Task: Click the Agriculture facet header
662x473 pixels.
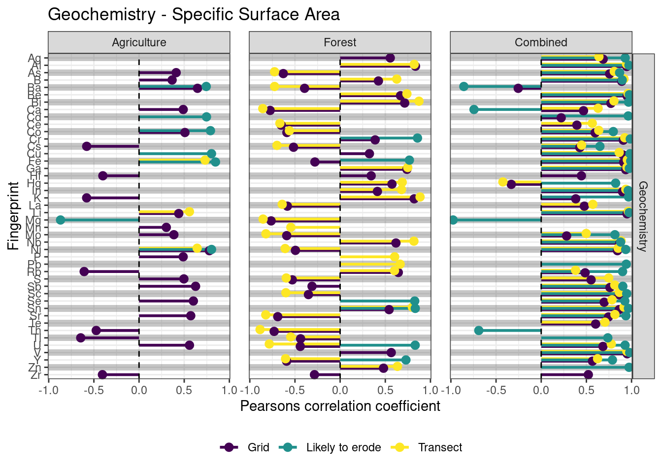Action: (139, 42)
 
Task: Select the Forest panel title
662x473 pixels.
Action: (340, 42)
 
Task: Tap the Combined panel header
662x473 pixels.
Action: (541, 42)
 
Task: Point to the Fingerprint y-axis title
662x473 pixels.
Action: (13, 216)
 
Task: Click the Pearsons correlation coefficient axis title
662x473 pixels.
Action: (340, 406)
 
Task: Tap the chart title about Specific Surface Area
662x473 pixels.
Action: (194, 14)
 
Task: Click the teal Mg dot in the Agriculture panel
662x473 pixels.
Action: (60, 220)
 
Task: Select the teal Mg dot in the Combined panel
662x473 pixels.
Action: (453, 220)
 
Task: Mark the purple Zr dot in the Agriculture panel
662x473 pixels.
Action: (102, 374)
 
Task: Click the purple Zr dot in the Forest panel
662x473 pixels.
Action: (314, 374)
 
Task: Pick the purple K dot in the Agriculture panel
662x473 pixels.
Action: (87, 198)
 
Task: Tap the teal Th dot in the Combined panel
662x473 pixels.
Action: (478, 330)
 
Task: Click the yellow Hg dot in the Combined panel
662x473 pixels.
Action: (503, 182)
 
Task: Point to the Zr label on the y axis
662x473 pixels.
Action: (35, 375)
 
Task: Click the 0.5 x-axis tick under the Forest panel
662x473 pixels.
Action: (385, 391)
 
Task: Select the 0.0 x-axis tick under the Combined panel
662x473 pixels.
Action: (541, 391)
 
